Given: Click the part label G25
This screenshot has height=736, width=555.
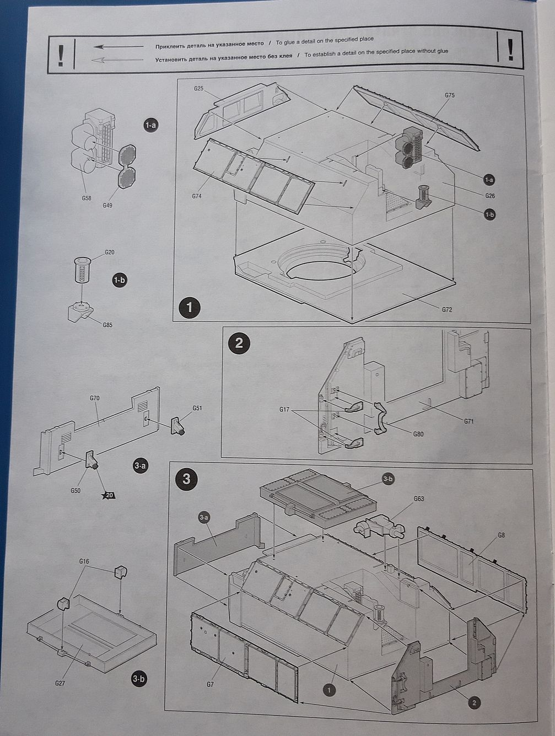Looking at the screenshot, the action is (x=199, y=88).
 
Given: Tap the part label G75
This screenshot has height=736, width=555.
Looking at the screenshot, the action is (x=449, y=95).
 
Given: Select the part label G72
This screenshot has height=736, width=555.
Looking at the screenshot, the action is (x=446, y=310).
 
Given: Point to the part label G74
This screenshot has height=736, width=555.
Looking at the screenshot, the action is (x=197, y=196).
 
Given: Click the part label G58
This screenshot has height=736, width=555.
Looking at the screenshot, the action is (x=87, y=198).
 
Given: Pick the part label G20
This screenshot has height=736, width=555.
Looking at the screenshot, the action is (x=110, y=253).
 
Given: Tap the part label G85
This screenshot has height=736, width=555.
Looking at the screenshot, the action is (x=107, y=325).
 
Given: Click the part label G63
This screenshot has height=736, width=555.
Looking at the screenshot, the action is (x=419, y=499).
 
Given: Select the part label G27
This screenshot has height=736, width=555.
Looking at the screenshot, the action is (x=60, y=683).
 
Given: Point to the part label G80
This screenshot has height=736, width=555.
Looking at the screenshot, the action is (x=419, y=434).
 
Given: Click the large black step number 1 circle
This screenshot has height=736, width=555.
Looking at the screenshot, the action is (x=190, y=307).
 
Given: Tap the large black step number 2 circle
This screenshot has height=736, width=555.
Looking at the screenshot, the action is (x=239, y=343).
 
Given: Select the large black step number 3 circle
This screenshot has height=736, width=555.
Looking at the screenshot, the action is (x=186, y=478).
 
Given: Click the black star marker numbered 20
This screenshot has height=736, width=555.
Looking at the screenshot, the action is (x=109, y=495).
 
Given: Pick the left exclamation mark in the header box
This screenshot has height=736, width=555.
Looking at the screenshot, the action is (x=61, y=55).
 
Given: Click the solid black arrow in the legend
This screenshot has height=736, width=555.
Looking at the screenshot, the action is (x=118, y=47).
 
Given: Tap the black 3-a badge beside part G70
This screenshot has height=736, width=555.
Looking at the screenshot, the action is (x=141, y=466).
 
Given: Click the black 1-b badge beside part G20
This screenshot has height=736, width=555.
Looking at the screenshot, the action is (x=119, y=280).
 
